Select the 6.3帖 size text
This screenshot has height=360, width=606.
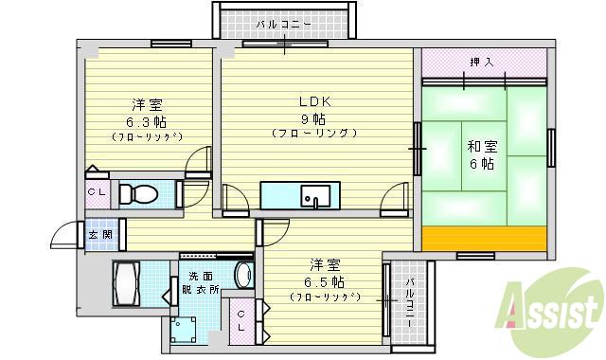click(146, 120)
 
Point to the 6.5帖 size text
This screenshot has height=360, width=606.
click(325, 281)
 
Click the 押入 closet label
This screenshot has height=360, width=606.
click(482, 63)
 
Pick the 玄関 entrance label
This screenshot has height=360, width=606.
click(100, 234)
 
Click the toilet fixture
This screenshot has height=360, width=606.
click(138, 194)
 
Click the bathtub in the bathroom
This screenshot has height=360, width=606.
click(128, 281)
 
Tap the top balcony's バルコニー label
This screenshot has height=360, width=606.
click(284, 23)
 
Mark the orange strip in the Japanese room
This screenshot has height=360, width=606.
click(484, 239)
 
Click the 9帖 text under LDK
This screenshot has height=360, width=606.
click(313, 118)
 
